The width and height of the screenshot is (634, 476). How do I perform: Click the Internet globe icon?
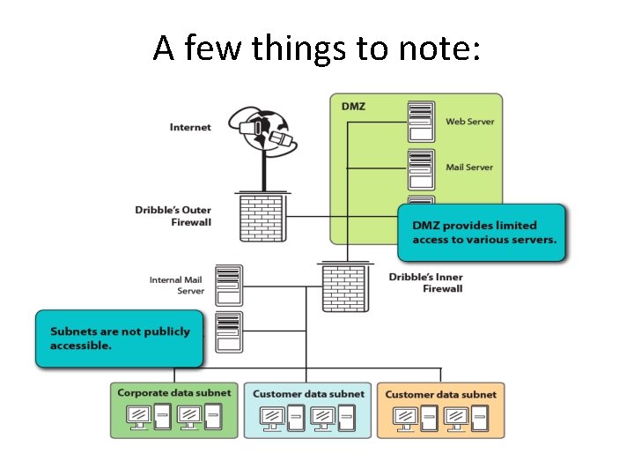262,129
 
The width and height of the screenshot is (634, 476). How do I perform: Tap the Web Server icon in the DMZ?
421,122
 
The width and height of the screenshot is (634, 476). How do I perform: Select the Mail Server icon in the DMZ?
421,169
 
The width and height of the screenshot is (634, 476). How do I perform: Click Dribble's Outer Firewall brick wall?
262,218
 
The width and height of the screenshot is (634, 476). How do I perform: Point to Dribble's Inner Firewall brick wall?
345,287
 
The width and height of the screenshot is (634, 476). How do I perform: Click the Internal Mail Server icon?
229,286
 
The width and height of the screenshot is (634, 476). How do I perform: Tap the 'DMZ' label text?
353,107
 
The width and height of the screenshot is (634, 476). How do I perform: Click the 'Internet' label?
190,127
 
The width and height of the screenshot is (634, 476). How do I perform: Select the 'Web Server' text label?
470,122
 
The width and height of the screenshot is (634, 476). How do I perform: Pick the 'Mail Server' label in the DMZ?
469,167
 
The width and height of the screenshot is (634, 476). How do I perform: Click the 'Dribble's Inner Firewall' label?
426,283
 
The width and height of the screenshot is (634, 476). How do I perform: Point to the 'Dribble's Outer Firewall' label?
173,216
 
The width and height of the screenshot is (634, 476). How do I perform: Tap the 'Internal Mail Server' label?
177,285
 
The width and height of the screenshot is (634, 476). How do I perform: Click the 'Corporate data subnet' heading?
174,392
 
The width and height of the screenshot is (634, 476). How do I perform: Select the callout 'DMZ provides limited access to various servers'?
482,233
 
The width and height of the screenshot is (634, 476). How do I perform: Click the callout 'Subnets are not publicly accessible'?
119,338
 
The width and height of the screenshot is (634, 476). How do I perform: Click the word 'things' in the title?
299,48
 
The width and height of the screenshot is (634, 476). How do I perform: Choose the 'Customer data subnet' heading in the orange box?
441,394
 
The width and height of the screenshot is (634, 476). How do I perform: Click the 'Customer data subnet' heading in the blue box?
308,394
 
